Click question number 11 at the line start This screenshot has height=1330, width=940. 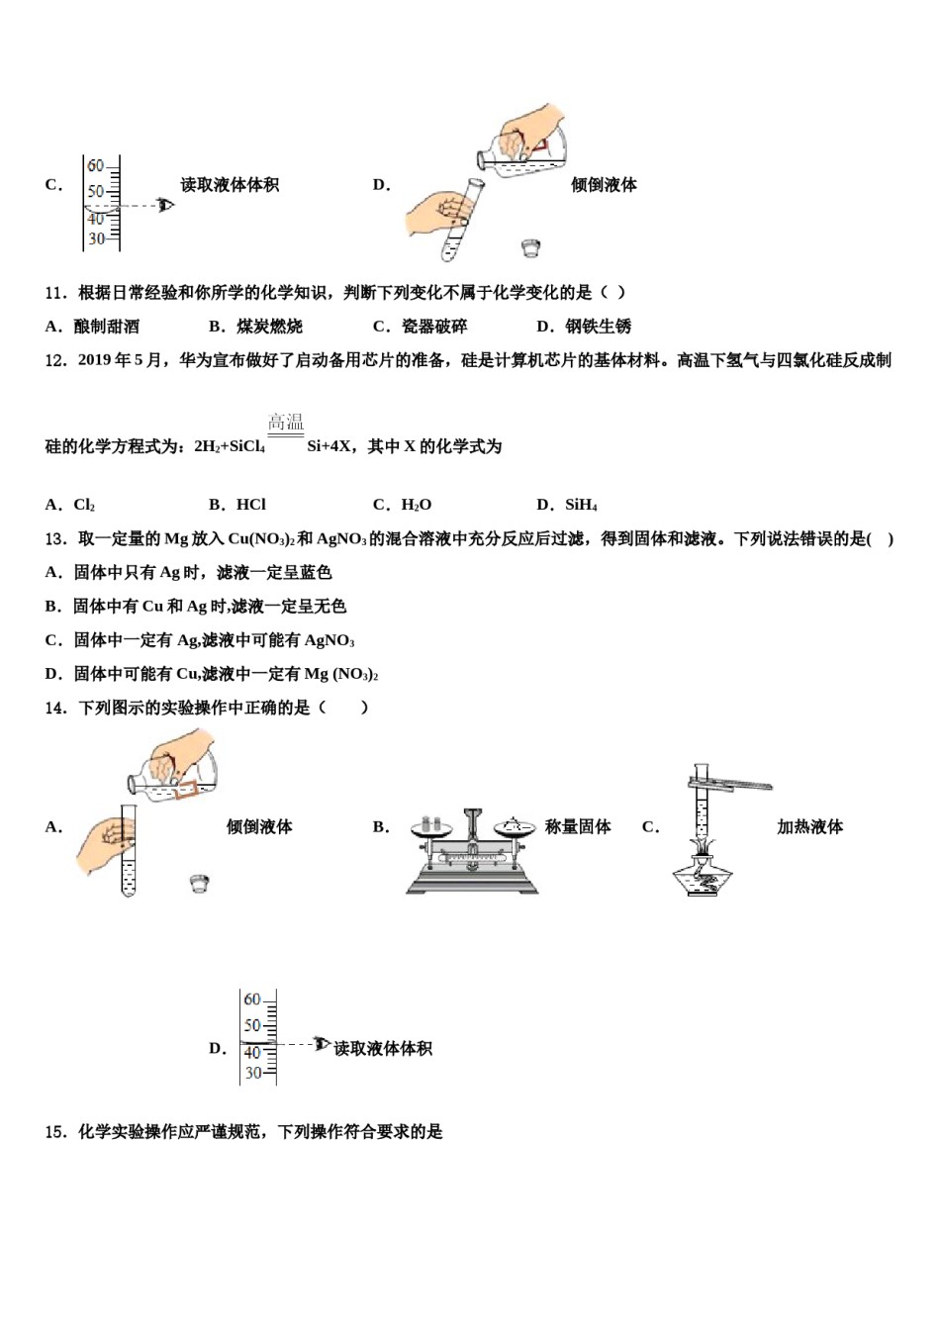[55, 293]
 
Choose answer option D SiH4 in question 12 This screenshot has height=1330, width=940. [580, 505]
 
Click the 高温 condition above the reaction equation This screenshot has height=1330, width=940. [286, 423]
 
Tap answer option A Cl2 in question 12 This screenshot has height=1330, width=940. [84, 505]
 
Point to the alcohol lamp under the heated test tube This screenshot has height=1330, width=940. [703, 876]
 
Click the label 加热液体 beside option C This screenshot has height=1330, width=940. [809, 827]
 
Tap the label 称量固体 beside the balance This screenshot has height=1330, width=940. [578, 827]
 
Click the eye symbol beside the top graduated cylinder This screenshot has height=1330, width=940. [165, 205]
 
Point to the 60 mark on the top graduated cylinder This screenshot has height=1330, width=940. [95, 166]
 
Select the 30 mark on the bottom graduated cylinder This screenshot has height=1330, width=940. [253, 1073]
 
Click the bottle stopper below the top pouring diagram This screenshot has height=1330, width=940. [531, 247]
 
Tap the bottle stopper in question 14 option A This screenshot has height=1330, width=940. [200, 884]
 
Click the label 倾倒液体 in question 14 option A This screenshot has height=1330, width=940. [259, 827]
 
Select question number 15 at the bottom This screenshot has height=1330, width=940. [55, 1132]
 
